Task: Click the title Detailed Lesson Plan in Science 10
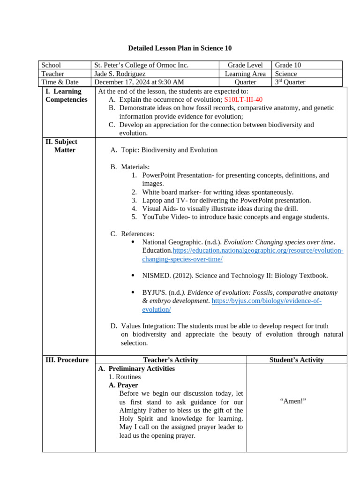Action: (x=180, y=48)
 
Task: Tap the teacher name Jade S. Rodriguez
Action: (x=120, y=74)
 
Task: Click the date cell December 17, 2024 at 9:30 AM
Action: (x=136, y=82)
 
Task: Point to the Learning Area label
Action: (x=245, y=74)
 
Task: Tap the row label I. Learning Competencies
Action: (x=66, y=95)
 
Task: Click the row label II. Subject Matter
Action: (x=65, y=146)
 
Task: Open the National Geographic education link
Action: (x=258, y=251)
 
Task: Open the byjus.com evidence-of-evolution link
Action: (x=266, y=301)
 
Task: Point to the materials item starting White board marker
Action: (x=217, y=192)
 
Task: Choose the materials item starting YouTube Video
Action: (x=235, y=217)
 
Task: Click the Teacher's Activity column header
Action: (x=171, y=360)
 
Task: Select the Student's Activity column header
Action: (x=296, y=360)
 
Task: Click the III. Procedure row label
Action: (x=67, y=360)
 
